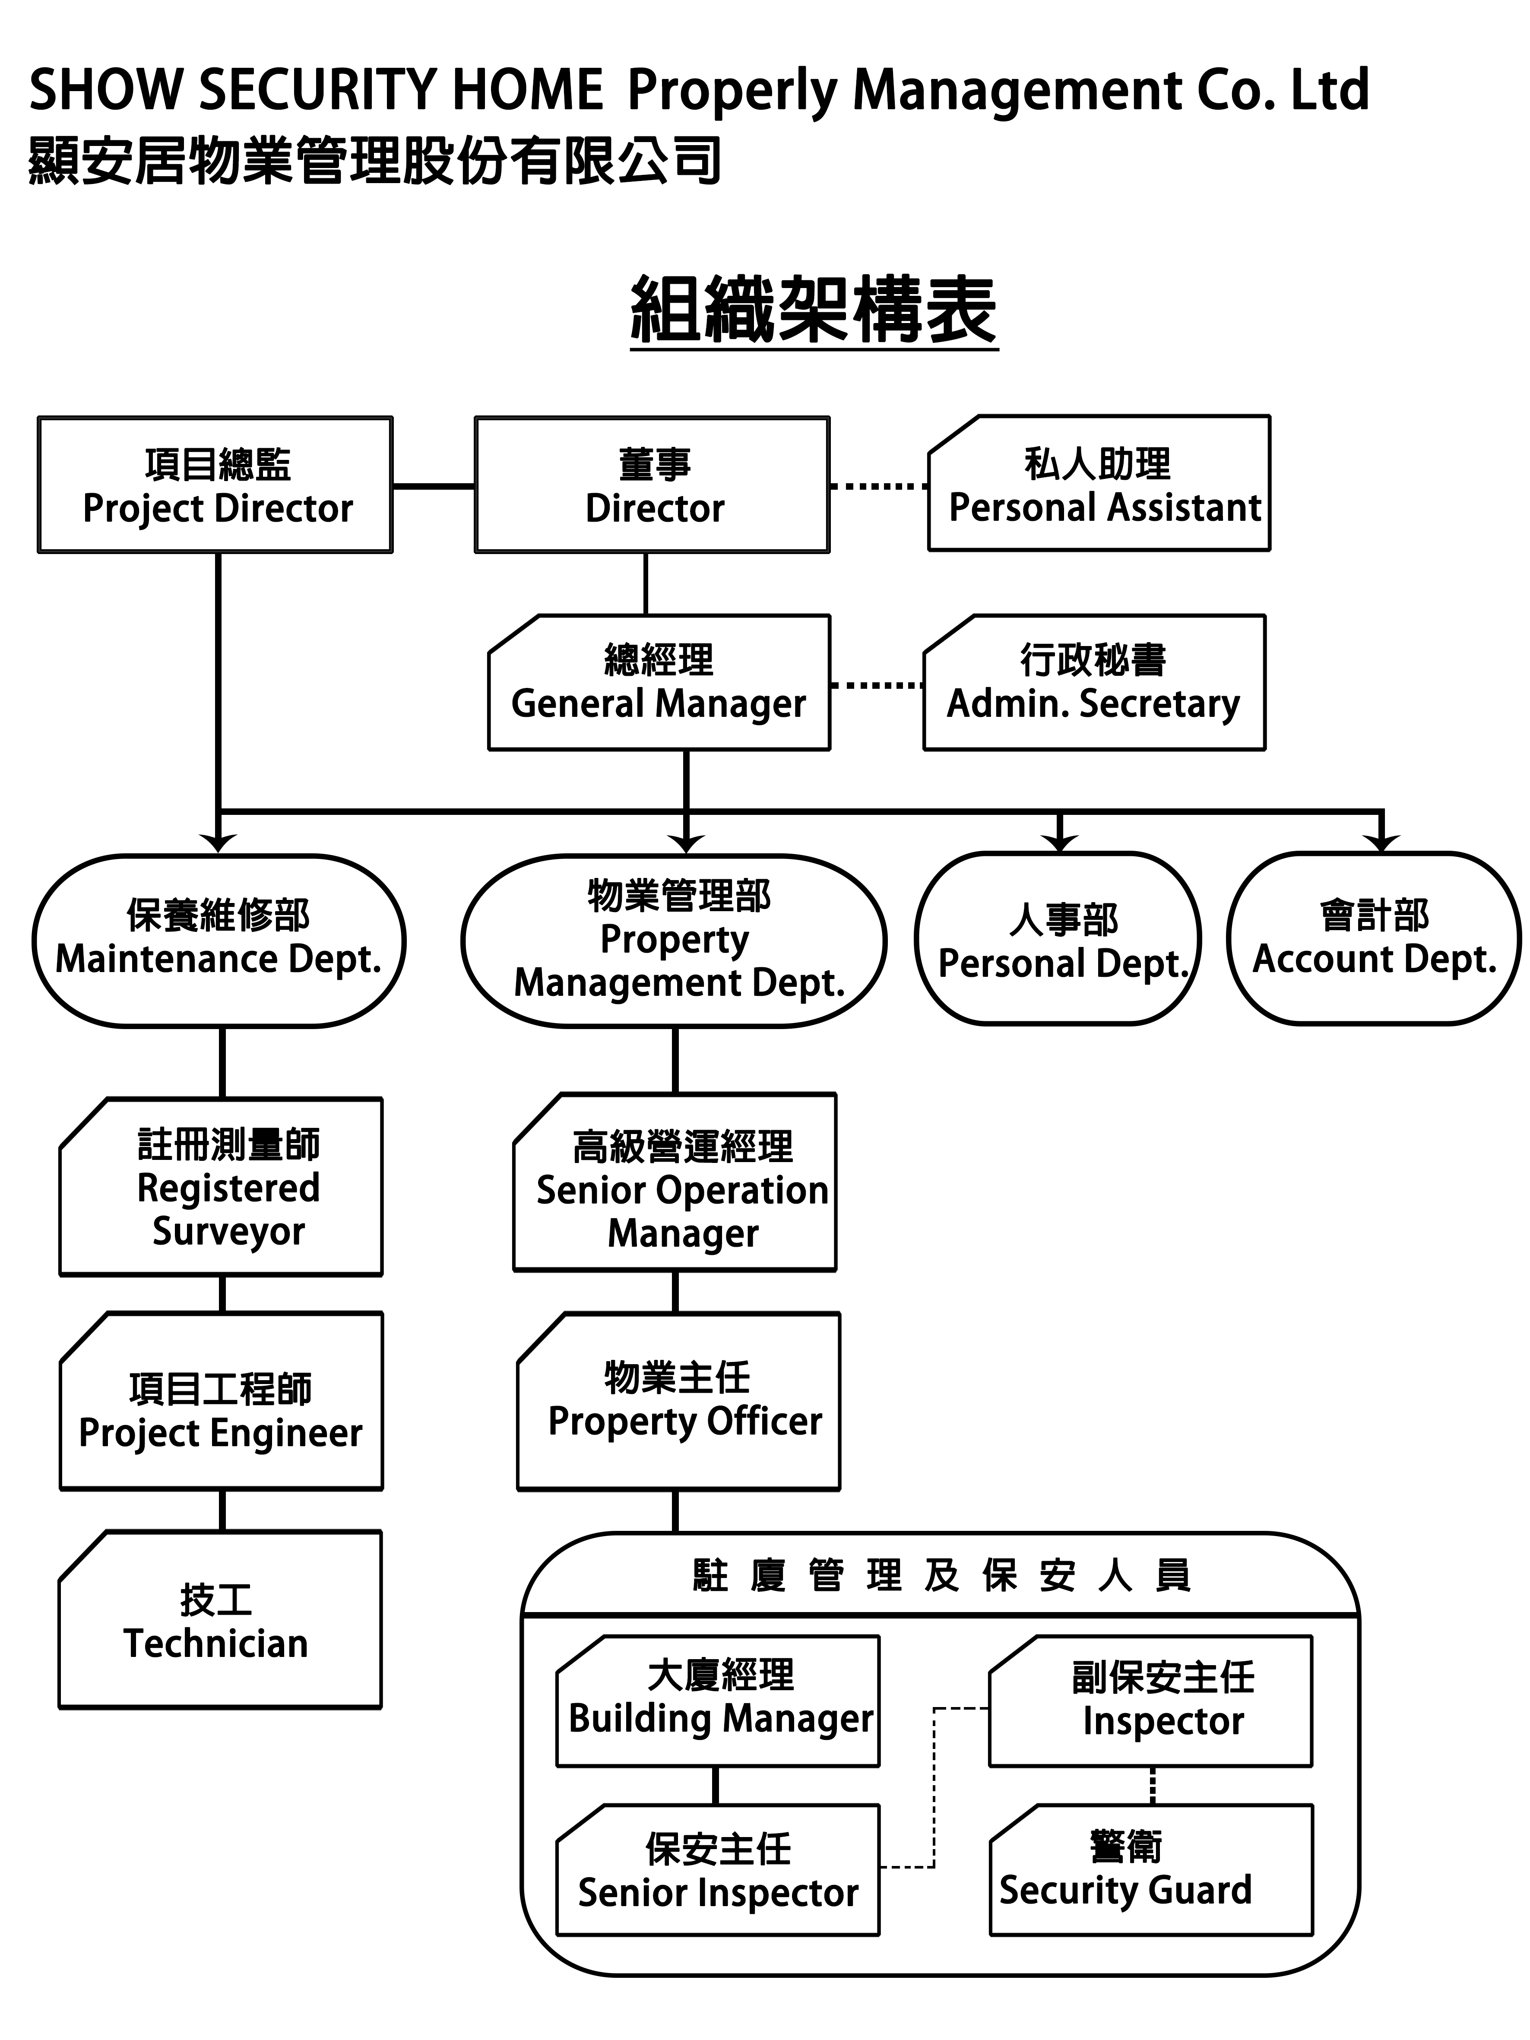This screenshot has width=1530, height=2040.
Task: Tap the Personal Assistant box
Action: pos(1099,484)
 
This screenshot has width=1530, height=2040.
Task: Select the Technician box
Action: pos(219,1620)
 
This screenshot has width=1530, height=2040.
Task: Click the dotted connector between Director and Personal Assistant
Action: pos(878,485)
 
